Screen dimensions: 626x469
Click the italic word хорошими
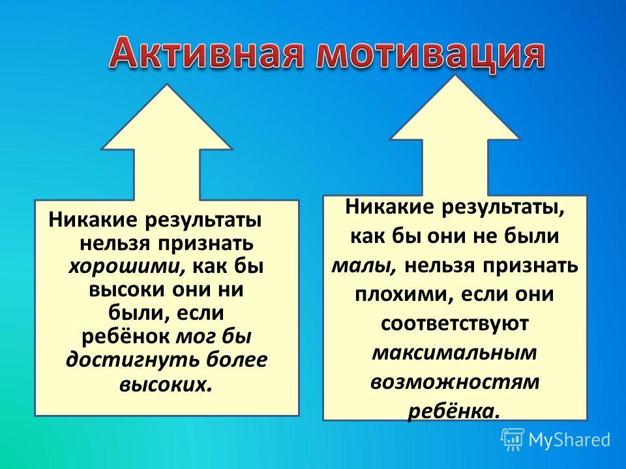(127, 266)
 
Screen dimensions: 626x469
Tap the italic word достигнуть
(133, 360)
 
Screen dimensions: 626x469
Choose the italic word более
(237, 360)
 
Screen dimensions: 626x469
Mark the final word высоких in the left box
(165, 384)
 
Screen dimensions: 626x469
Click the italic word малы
(364, 265)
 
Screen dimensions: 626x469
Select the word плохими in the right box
(404, 295)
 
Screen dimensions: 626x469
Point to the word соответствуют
(455, 323)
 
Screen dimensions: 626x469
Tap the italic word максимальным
(455, 352)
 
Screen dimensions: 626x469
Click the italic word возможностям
(455, 382)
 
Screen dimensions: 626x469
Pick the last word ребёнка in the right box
(454, 411)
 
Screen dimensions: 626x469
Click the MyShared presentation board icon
(513, 440)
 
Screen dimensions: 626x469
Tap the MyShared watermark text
(570, 440)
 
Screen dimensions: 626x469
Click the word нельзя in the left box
(115, 243)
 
